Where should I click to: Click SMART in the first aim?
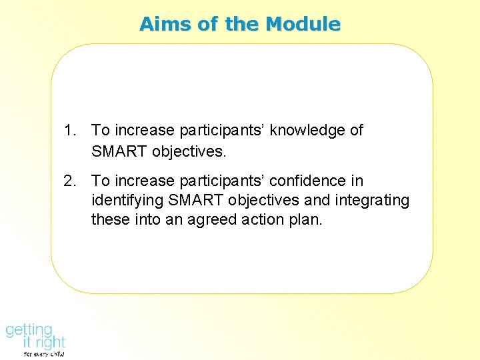tap(119, 151)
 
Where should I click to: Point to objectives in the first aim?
tap(189, 151)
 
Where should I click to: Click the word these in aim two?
tap(110, 220)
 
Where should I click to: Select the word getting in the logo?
tap(29, 330)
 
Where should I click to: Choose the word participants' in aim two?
tap(219, 181)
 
